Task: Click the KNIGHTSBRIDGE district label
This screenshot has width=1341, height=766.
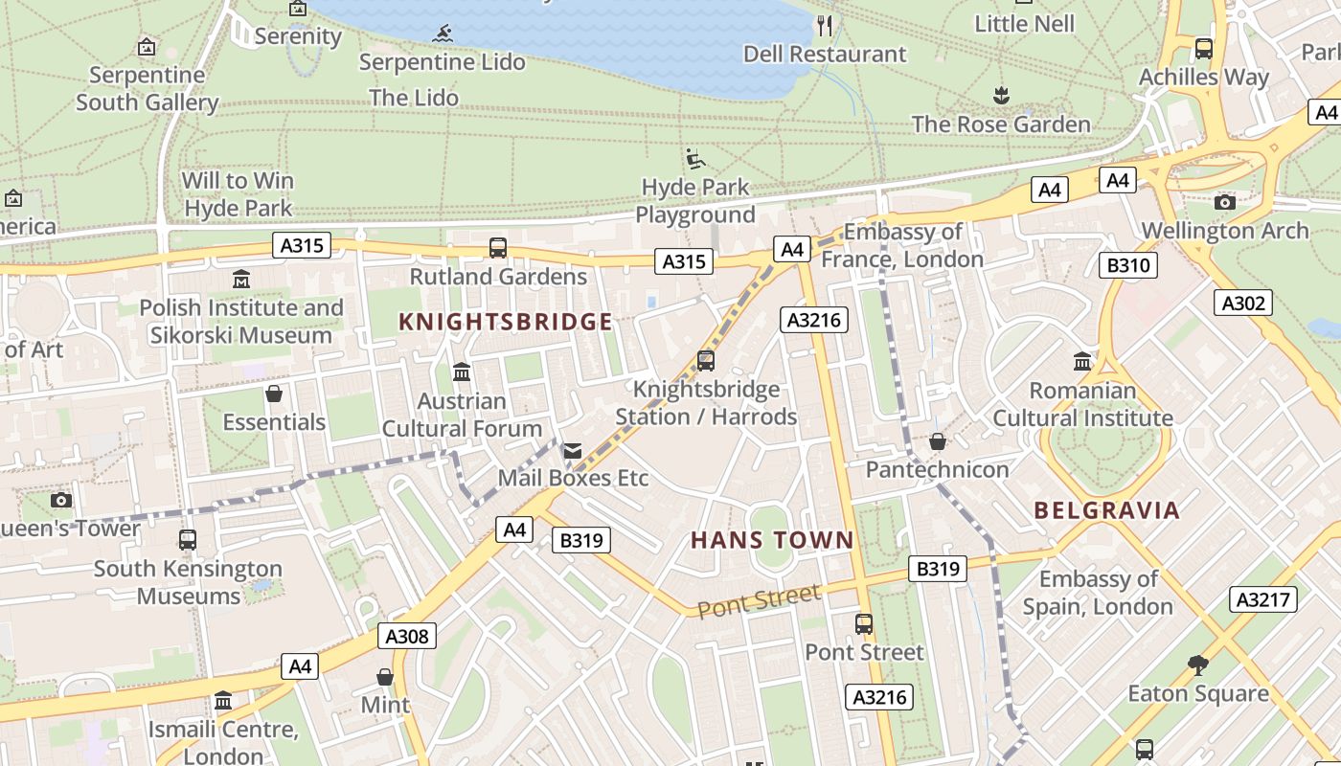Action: [x=505, y=322]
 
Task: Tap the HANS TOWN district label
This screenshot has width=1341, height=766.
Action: [x=772, y=540]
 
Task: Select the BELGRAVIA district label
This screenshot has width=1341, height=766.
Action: [x=1107, y=510]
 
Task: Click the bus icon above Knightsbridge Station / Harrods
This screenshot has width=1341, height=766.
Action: [x=706, y=361]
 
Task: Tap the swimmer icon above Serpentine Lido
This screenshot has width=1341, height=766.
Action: [x=443, y=34]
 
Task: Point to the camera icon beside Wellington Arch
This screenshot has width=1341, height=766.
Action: [x=1224, y=202]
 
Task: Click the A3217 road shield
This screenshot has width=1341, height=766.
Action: [x=1263, y=599]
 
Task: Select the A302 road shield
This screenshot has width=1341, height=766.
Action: [x=1244, y=304]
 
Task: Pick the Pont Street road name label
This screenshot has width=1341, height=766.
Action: [x=759, y=602]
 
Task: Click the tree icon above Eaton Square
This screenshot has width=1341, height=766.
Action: [x=1197, y=665]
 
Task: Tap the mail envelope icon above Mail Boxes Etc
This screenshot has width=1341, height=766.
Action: [x=572, y=450]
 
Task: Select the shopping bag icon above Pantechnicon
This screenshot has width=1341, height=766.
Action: [x=938, y=441]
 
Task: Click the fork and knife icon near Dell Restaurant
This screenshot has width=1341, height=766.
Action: [x=825, y=26]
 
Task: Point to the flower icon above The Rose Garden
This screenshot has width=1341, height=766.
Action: [x=1001, y=96]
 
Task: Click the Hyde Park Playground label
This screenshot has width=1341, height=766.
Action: [x=695, y=200]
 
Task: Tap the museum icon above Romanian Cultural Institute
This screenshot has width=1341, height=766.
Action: [x=1082, y=362]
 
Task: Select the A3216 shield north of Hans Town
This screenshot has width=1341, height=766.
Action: [x=814, y=320]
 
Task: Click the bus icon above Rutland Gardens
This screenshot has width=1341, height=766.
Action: [x=498, y=248]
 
